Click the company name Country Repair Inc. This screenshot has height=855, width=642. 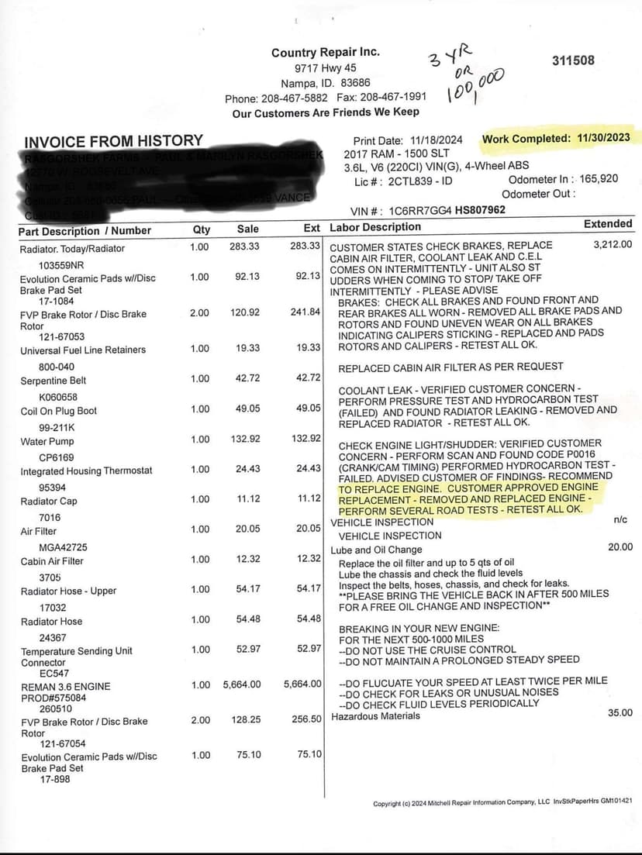(x=326, y=52)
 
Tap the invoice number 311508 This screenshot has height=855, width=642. (x=573, y=60)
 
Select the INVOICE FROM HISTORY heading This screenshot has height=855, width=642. (x=113, y=141)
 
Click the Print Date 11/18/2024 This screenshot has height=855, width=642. (x=435, y=140)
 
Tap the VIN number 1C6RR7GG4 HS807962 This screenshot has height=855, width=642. (x=451, y=209)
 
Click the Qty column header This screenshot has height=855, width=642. (x=201, y=229)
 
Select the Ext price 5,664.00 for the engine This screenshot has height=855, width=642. (x=302, y=684)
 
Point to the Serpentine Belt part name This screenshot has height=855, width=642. (x=53, y=381)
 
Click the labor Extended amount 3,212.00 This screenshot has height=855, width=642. (x=613, y=244)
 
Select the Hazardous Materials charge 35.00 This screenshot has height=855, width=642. (x=620, y=712)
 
